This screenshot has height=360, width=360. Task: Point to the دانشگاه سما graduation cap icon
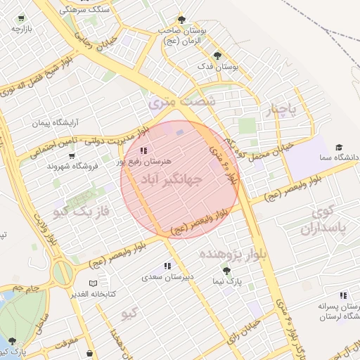tap(339, 148)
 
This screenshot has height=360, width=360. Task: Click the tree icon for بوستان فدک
tap(217, 55)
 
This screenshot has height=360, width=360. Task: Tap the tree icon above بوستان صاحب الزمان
tap(182, 20)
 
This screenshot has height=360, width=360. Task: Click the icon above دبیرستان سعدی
tap(167, 266)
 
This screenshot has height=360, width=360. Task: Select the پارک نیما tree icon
tap(226, 271)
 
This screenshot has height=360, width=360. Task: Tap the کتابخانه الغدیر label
tap(92, 293)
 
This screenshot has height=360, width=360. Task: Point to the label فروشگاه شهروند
tap(70, 166)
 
